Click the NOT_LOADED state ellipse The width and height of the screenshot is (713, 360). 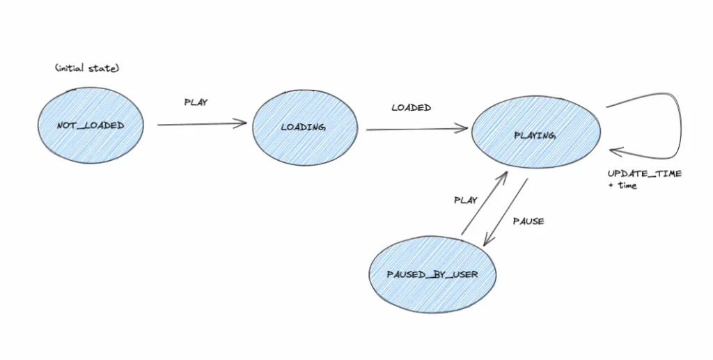91,125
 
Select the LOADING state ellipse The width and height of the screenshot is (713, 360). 305,127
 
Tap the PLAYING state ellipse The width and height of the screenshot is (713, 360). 536,132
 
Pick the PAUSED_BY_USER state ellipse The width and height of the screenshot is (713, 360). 432,274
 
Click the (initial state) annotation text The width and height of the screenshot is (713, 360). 87,68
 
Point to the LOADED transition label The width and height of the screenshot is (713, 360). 412,108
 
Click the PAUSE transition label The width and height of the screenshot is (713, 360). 528,221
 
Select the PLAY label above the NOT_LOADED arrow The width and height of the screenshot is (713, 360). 196,102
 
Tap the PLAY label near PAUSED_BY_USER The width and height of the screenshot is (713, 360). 466,200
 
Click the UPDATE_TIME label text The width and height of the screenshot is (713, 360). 645,173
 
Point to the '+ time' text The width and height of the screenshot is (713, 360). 622,185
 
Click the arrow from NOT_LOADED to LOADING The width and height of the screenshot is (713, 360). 203,124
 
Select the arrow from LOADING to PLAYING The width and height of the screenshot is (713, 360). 417,130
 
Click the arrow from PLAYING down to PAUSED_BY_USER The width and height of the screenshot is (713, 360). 506,212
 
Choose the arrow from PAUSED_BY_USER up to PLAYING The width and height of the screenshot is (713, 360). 485,203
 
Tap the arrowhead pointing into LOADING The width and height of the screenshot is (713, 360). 241,123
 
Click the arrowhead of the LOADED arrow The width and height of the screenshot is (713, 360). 462,129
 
